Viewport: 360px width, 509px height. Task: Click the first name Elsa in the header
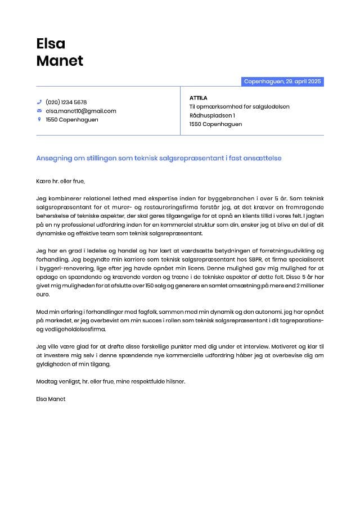point(51,43)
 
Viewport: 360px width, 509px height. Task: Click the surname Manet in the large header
point(60,61)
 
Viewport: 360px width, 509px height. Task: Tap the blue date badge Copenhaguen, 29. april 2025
point(282,82)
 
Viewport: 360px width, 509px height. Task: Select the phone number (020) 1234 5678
point(66,102)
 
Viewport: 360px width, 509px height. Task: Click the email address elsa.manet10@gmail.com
point(81,111)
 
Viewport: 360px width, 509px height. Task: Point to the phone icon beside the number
point(39,102)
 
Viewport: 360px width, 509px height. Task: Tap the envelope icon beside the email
point(39,111)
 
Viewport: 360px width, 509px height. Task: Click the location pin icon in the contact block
point(39,119)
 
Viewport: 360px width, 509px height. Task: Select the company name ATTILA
point(199,98)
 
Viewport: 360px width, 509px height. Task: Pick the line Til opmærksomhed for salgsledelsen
point(239,106)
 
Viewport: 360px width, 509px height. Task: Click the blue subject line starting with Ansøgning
point(159,158)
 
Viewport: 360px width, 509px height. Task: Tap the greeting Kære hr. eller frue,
point(60,181)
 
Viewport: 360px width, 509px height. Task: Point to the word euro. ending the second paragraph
point(44,294)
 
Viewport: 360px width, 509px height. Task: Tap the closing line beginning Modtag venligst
point(110,381)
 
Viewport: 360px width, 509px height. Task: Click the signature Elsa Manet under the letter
point(51,399)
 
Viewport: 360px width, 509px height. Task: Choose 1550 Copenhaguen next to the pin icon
point(72,119)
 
